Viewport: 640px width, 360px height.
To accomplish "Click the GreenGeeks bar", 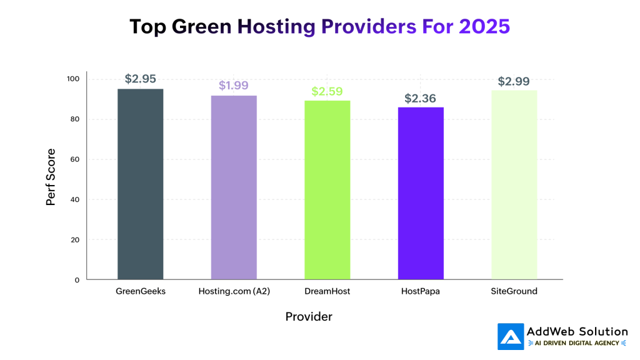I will pyautogui.click(x=141, y=184).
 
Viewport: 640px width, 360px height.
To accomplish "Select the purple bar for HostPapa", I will pyautogui.click(x=421, y=193).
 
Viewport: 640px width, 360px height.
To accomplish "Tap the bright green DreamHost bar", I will pyautogui.click(x=327, y=190).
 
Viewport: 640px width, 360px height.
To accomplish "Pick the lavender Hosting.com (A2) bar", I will pyautogui.click(x=234, y=187).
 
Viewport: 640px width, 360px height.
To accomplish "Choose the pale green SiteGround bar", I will pyautogui.click(x=514, y=185).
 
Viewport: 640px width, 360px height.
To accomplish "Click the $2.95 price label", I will pyautogui.click(x=141, y=79).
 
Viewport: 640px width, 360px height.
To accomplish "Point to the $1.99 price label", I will pyautogui.click(x=234, y=86).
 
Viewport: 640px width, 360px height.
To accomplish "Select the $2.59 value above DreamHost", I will pyautogui.click(x=327, y=91).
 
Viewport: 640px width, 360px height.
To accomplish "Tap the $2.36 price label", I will pyautogui.click(x=421, y=98).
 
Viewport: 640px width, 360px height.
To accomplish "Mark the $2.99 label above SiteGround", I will pyautogui.click(x=514, y=81).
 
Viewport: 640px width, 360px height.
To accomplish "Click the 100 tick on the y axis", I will pyautogui.click(x=73, y=79).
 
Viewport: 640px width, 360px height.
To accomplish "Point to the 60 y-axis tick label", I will pyautogui.click(x=75, y=159).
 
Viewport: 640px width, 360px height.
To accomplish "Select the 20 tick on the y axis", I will pyautogui.click(x=75, y=240).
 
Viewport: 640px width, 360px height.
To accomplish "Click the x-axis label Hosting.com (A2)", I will pyautogui.click(x=234, y=291).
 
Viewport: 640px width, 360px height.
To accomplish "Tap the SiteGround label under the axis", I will pyautogui.click(x=514, y=291).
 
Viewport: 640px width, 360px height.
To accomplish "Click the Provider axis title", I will pyautogui.click(x=309, y=317).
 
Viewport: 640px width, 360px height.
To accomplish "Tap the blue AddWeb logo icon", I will pyautogui.click(x=510, y=336).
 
